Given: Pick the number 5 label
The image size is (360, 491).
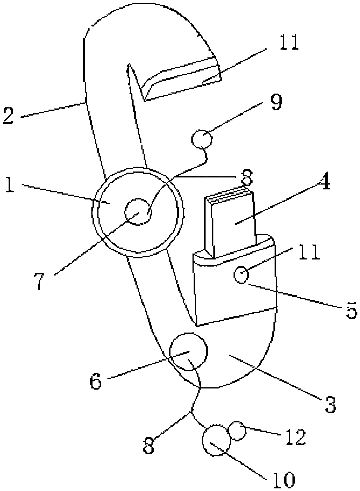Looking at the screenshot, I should [x=351, y=310].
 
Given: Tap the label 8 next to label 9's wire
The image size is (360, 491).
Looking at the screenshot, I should [x=246, y=177].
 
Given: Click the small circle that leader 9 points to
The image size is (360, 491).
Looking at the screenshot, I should [x=202, y=139].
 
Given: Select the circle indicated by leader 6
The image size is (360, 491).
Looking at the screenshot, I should [x=188, y=352].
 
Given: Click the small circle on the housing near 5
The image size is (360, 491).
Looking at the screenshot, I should [x=241, y=275].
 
